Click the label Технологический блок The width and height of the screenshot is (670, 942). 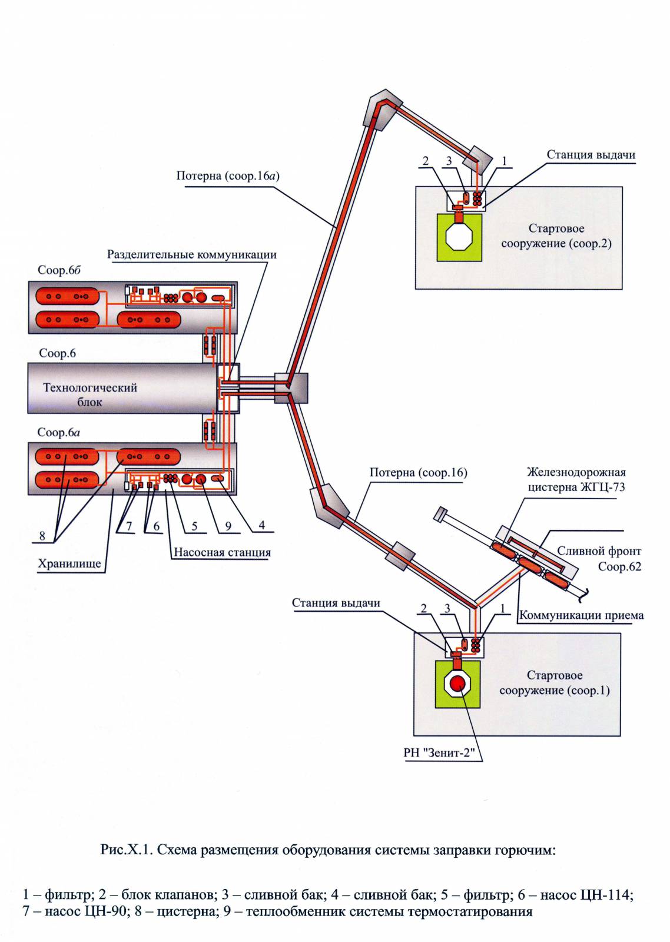coord(89,394)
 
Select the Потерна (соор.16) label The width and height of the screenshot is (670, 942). coord(418,472)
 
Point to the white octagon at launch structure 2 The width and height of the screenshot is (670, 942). coord(459,237)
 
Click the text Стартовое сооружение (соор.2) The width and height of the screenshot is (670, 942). coord(556,235)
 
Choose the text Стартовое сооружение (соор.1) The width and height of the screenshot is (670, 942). coord(554,682)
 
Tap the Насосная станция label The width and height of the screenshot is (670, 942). coord(222,552)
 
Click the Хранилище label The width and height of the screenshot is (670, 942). coord(69,563)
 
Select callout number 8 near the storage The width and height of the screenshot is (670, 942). coord(42,535)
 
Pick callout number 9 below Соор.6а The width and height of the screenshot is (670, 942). coord(228,526)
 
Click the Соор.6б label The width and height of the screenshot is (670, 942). coord(59,270)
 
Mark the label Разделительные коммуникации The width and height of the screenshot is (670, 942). coord(191,255)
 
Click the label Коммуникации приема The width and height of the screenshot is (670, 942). coord(581,615)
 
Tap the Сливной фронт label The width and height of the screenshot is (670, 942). coord(599,551)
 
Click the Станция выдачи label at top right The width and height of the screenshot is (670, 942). coord(591,155)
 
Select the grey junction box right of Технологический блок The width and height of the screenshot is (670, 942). coord(291,388)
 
